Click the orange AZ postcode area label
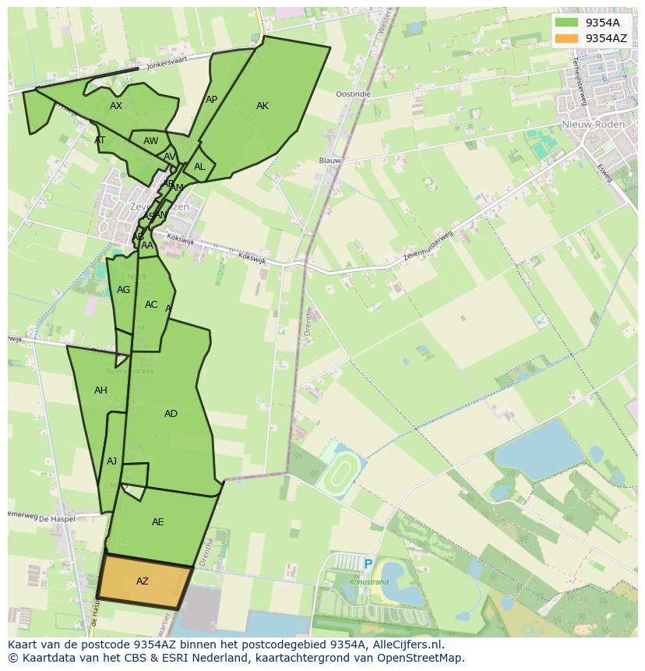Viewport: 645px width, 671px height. pos(142,581)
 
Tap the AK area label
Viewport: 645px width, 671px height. pos(263,106)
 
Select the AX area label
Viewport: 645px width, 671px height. pos(116,106)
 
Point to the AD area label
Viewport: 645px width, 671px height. pos(171,414)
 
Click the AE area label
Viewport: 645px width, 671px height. pos(158,522)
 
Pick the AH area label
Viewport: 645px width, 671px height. pos(100,390)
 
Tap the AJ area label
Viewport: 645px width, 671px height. pos(111,461)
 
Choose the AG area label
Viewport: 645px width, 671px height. pos(123,290)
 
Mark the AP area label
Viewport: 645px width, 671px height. pos(211,100)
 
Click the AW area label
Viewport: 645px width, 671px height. pos(150,141)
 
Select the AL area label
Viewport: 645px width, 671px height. pos(199,167)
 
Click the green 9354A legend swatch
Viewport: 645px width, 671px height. pos(567,23)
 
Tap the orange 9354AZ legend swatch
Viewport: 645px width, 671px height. pos(567,38)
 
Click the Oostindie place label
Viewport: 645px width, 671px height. pos(353,94)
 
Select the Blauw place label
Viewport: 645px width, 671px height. pos(330,161)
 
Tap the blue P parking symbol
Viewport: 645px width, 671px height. pos(368,564)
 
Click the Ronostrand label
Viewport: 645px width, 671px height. pos(368,581)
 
